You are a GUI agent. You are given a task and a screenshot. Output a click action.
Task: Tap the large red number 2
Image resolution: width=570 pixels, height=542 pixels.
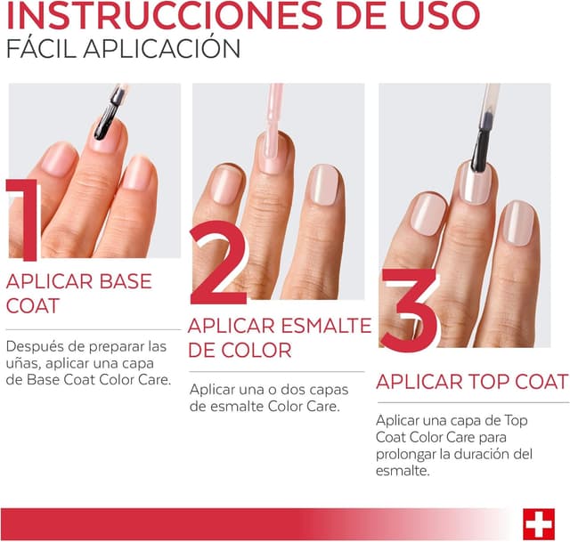point(218,264)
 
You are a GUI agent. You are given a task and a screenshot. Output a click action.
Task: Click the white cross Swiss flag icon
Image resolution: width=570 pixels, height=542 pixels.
point(539,523)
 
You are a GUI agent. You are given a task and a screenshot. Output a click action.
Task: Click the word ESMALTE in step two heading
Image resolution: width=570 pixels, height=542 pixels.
point(324,326)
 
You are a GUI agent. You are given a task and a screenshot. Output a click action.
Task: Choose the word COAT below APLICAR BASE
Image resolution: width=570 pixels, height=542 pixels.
point(33,306)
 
